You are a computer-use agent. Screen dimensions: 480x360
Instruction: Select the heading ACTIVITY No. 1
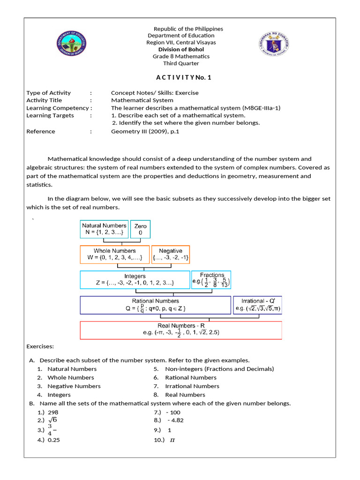(x=184, y=78)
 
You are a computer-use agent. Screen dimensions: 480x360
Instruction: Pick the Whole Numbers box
(x=114, y=255)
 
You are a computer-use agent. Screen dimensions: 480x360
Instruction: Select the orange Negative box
(x=171, y=255)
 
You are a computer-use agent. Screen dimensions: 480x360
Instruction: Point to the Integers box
(x=135, y=280)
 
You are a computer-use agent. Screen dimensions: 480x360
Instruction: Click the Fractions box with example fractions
(x=211, y=280)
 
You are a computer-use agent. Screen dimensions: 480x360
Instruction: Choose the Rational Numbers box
(x=155, y=305)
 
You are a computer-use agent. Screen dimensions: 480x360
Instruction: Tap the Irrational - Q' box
(x=258, y=305)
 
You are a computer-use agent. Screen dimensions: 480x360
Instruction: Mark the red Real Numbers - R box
(x=181, y=330)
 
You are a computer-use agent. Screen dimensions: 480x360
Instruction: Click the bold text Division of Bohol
(x=181, y=50)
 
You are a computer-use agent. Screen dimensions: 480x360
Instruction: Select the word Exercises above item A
(x=40, y=346)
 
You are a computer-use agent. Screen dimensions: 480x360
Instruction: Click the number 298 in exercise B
(x=53, y=412)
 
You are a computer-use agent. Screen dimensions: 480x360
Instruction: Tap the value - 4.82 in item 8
(x=175, y=420)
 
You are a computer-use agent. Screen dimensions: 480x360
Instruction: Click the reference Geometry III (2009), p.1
(x=145, y=132)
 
